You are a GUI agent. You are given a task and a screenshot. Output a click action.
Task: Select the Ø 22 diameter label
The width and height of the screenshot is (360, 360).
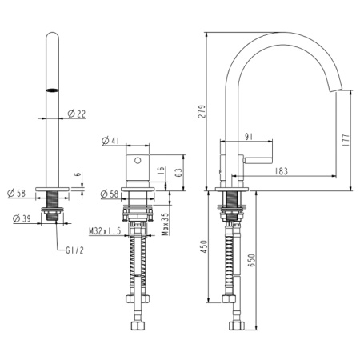coord(77,114)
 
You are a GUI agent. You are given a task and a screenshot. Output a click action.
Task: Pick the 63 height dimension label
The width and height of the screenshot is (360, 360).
coord(182,170)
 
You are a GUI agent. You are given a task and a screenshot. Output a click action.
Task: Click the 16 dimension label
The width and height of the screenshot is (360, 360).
coord(162,170)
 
